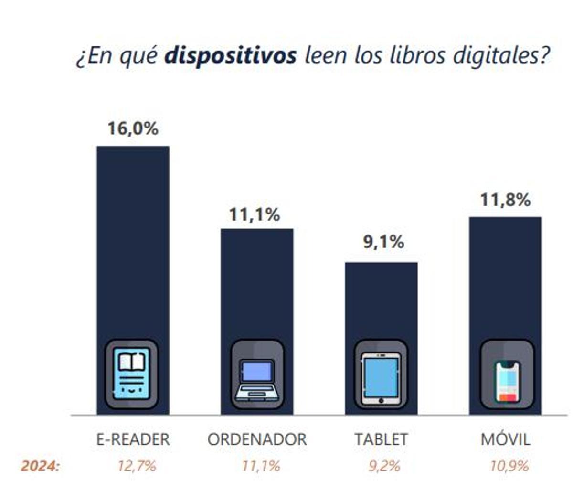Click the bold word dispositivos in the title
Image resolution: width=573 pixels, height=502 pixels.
pos(230,56)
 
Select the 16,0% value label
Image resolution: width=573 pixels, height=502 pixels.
pos(133,128)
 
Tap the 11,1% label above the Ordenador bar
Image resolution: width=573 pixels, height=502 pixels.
pos(255,215)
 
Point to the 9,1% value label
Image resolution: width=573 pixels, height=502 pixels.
pos(383,242)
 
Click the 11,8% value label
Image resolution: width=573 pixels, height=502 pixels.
pos(505,200)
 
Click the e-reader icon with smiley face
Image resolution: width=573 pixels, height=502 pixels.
pos(132,374)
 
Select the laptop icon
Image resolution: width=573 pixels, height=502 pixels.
pos(257,375)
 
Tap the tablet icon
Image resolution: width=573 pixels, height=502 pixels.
pos(381,375)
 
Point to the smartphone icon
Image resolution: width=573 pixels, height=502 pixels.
pos(507,375)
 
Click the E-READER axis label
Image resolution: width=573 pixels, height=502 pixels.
pos(133,439)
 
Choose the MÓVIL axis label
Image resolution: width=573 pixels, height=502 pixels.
pos(505,439)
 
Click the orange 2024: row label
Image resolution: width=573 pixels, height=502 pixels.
pos(41,466)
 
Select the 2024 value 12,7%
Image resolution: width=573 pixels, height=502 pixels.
pos(137,466)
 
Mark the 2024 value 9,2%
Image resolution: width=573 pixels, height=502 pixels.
pos(384,466)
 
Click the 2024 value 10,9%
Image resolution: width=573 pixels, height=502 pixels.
pos(509,466)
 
